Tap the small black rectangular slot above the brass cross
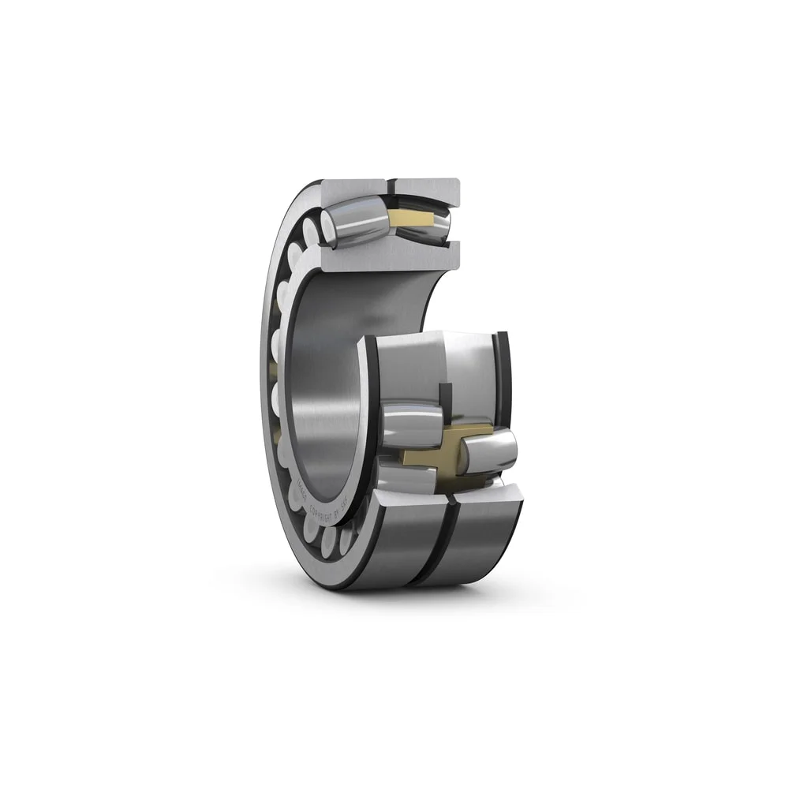[445, 398]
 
